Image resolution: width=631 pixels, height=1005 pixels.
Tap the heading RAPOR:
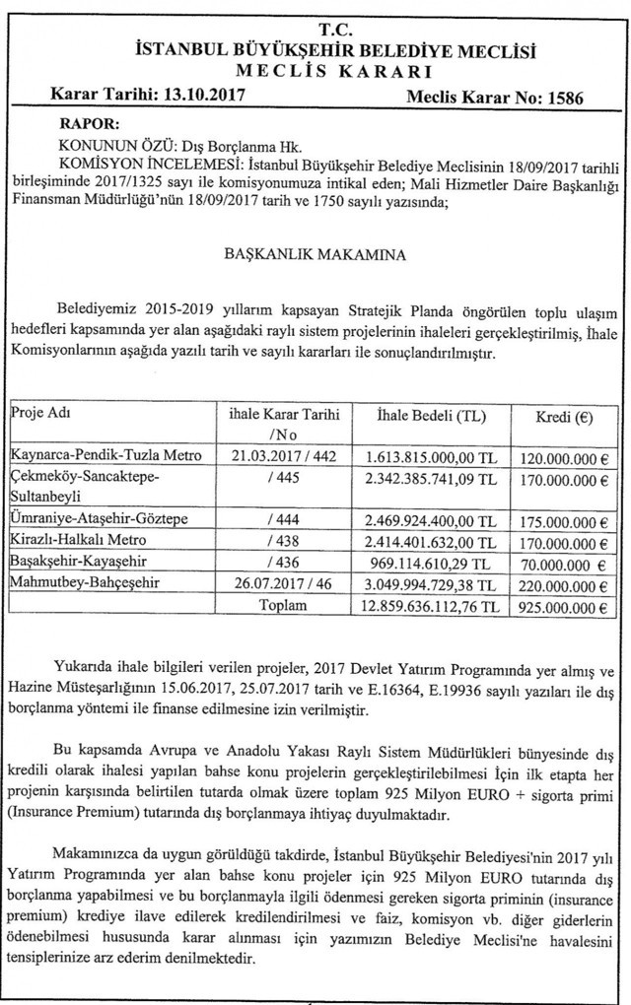click(90, 125)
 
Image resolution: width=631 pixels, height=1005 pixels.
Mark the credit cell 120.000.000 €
click(557, 455)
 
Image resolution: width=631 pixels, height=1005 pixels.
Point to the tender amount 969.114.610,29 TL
click(440, 563)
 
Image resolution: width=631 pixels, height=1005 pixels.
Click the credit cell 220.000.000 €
click(557, 585)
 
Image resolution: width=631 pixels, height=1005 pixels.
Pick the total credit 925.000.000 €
click(557, 608)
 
